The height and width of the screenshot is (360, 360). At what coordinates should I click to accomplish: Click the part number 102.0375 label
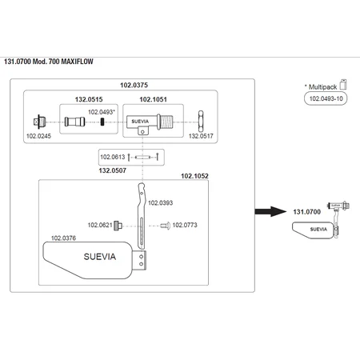(x=134, y=85)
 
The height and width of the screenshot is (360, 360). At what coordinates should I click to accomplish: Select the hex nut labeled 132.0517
(x=201, y=122)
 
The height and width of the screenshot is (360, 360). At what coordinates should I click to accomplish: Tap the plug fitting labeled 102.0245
(x=40, y=122)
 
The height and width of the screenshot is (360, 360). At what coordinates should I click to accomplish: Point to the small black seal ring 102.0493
(x=102, y=122)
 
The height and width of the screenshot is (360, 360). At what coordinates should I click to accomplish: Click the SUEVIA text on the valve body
(x=140, y=122)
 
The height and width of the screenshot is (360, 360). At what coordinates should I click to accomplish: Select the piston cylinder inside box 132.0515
(x=75, y=122)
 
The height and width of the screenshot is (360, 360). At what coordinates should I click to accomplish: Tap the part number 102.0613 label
(x=113, y=157)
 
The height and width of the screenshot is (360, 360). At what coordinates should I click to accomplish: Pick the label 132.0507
(x=113, y=170)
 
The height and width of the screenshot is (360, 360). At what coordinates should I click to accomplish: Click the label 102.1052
(x=194, y=176)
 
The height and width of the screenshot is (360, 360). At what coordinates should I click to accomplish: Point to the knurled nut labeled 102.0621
(x=118, y=226)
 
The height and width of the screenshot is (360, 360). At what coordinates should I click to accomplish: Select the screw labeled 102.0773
(x=166, y=226)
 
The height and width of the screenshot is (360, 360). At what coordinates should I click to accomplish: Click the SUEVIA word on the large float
(x=100, y=257)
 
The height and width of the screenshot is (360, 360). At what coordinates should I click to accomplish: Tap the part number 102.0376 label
(x=63, y=238)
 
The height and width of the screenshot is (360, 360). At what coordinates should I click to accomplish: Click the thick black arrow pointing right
(x=270, y=211)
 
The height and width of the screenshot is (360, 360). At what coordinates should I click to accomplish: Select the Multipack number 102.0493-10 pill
(x=326, y=98)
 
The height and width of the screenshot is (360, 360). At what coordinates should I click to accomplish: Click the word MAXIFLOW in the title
(x=78, y=62)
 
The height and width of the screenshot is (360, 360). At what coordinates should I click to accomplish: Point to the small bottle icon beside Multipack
(x=343, y=84)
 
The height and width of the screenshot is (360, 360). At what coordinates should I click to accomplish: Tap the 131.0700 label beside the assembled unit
(x=307, y=212)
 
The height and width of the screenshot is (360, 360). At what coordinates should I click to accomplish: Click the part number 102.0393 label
(x=161, y=203)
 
